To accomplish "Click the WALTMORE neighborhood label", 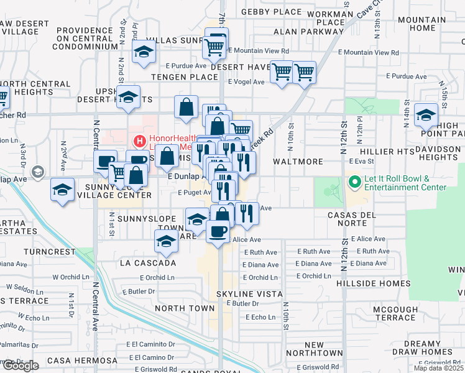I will (298, 162).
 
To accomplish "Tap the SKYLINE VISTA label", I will (249, 293).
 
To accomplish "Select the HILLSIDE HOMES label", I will (376, 283).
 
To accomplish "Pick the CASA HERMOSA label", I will (82, 361).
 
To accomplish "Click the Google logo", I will (20, 366).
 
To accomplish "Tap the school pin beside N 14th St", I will (426, 114).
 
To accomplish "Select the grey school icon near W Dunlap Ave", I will (37, 172).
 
